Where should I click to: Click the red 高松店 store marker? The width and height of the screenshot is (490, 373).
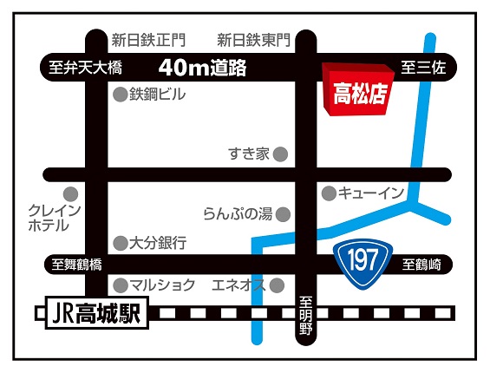point(354,88)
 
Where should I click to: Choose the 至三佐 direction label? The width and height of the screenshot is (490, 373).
point(422,68)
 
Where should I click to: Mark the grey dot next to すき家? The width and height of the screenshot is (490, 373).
point(280,154)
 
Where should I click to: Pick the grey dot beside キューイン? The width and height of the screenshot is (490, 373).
point(329,193)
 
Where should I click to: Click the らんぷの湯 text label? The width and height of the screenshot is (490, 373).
point(237,213)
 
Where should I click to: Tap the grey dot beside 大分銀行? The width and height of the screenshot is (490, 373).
point(120,243)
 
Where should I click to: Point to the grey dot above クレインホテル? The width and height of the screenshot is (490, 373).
point(70,193)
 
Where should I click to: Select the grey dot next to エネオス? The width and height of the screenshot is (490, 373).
point(277,285)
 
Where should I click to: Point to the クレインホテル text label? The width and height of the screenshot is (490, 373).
point(56,218)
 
